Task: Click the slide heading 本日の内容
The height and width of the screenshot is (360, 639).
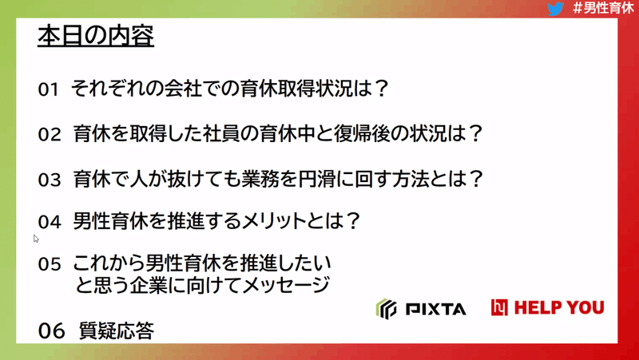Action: (96, 36)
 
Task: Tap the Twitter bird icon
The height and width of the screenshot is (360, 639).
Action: (555, 9)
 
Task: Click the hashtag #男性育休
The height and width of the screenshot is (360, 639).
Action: (603, 8)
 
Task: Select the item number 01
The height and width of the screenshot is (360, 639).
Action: (48, 89)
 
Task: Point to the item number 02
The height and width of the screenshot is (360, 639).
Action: (50, 135)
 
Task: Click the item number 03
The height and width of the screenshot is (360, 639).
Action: (50, 180)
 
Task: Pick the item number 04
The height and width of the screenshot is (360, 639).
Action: (50, 223)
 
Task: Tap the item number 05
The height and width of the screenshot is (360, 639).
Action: (50, 264)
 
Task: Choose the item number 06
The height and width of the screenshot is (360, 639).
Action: (51, 330)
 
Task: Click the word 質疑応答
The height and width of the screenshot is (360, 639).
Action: (117, 330)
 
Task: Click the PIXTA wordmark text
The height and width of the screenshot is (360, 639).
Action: (435, 310)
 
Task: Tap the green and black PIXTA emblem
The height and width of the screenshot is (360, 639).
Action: (386, 309)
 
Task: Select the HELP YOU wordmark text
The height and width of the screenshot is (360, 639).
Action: (559, 308)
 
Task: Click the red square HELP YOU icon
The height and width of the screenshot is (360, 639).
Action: (499, 307)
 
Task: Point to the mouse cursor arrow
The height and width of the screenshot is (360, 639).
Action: (36, 239)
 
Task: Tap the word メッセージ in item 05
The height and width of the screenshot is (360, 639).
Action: (286, 285)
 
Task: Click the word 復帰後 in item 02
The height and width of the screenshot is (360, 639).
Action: (363, 133)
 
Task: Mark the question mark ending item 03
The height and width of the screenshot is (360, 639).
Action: (474, 179)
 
